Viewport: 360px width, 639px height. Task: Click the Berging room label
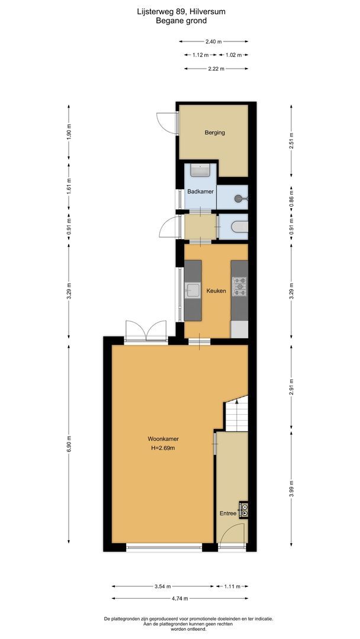click(214, 133)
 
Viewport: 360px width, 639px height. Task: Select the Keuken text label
click(216, 291)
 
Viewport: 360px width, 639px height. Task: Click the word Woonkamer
click(163, 439)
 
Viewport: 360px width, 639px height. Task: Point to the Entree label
click(228, 514)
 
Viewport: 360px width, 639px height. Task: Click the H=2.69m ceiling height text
click(163, 448)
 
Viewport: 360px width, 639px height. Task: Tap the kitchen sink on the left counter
click(192, 290)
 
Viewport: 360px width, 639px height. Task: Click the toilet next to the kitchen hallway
click(239, 227)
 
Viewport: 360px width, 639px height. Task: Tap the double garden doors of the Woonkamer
click(146, 331)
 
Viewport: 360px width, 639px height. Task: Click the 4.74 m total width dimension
click(180, 598)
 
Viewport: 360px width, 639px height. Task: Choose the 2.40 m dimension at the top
click(213, 41)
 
